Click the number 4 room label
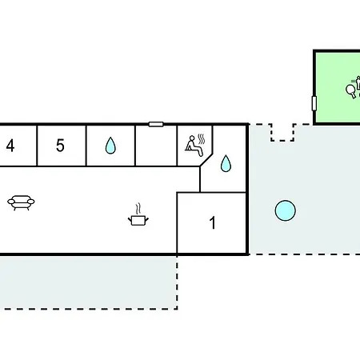pos(10,146)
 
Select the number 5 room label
pos(60,146)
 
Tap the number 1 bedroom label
pos(212,222)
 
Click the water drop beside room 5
pos(110,146)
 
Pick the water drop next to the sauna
pos(226,163)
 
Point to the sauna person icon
pos(194,146)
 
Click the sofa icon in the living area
pos(21,202)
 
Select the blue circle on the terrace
pos(286,210)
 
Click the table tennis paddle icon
pos(350,91)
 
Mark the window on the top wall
pos(156,124)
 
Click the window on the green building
pos(314,103)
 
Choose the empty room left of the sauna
pos(156,146)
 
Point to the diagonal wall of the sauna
pos(206,160)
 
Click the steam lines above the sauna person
pos(202,139)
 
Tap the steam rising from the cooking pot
pos(138,209)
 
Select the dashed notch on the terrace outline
pos(282,132)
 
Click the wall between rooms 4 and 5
pos(37,146)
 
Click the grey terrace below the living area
pos(88,282)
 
